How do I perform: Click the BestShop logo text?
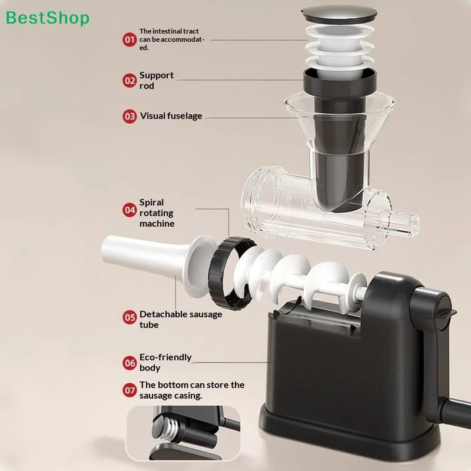(x=48, y=18)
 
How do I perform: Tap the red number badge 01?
(x=130, y=39)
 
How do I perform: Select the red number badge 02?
(x=130, y=81)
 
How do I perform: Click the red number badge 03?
(x=130, y=116)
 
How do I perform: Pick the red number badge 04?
(x=130, y=210)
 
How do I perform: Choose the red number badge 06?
(x=130, y=363)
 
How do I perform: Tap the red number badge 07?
(x=130, y=390)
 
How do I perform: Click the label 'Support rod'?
(x=156, y=81)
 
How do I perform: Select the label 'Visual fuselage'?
(x=171, y=116)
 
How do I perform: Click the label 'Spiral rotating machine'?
(x=157, y=213)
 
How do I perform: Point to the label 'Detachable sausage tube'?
(x=181, y=320)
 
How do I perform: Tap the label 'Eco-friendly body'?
(x=165, y=363)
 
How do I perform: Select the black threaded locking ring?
(x=230, y=273)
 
